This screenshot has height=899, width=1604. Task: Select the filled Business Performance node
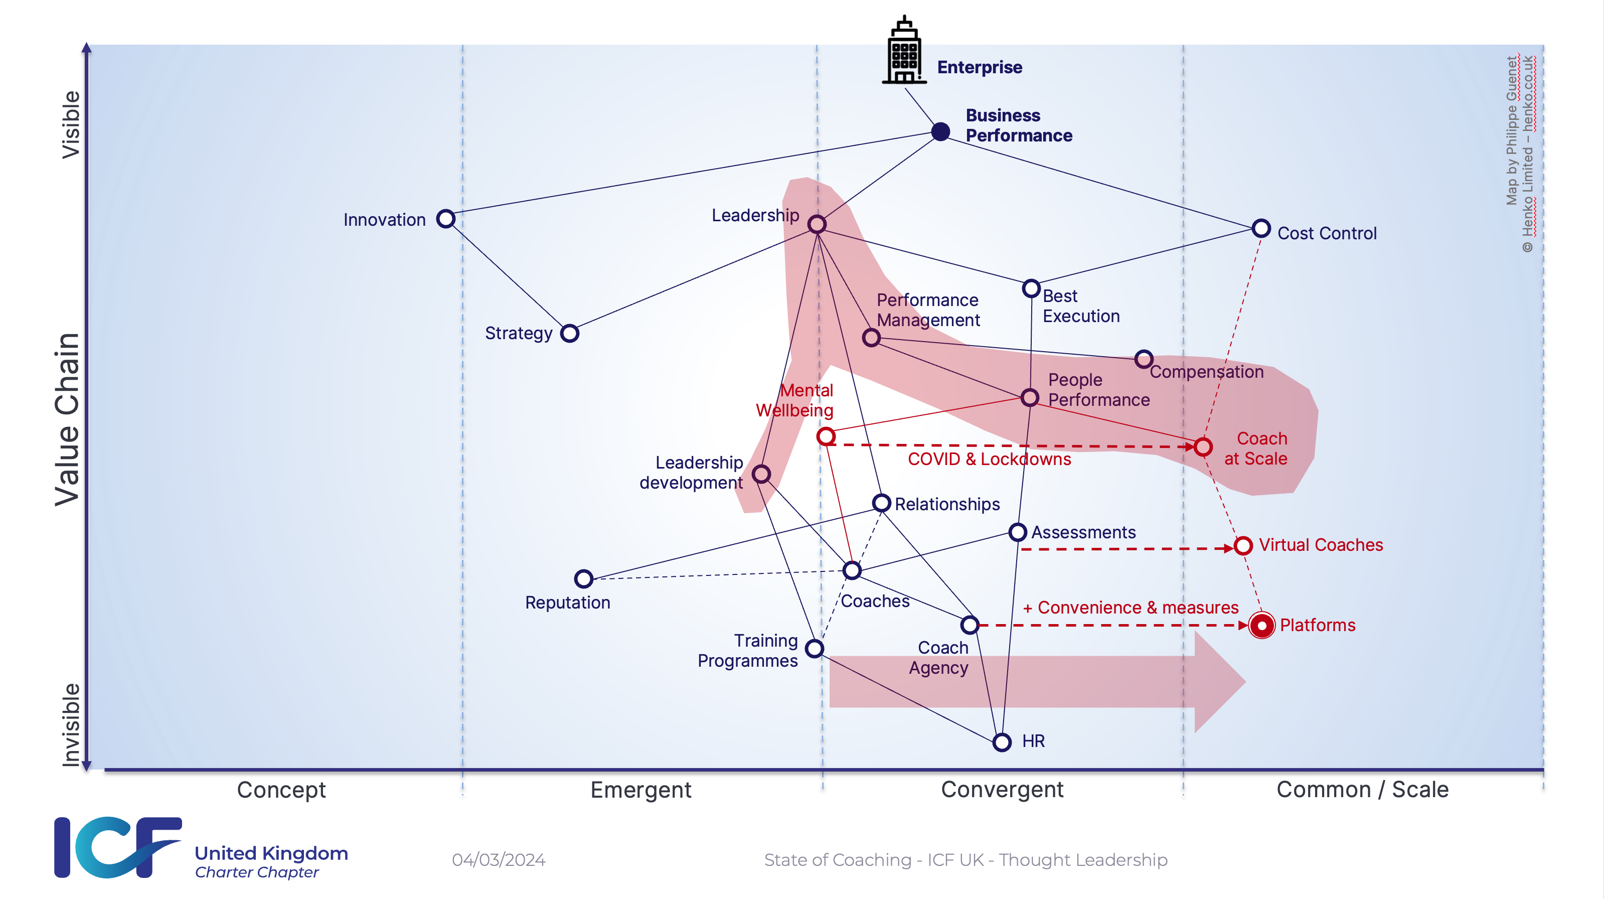(940, 131)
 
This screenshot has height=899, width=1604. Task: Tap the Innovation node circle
(446, 219)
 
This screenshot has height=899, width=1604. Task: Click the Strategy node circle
(570, 333)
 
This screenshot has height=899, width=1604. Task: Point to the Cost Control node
(1261, 228)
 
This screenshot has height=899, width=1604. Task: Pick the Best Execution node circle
(1031, 288)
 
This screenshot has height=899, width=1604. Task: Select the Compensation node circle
(1143, 359)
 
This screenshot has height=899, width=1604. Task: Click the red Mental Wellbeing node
(826, 436)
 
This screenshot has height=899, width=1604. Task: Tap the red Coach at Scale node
(1203, 446)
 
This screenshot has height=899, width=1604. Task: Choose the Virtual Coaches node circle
(1243, 546)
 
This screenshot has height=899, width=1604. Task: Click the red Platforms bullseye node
(1261, 625)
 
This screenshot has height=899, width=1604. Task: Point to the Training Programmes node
(815, 649)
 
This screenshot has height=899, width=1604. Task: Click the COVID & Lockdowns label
(990, 459)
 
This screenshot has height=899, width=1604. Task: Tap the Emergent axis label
(640, 790)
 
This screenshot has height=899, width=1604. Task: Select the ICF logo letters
(118, 847)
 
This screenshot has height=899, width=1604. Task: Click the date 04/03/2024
(499, 860)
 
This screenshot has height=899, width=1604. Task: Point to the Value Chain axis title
(67, 419)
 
